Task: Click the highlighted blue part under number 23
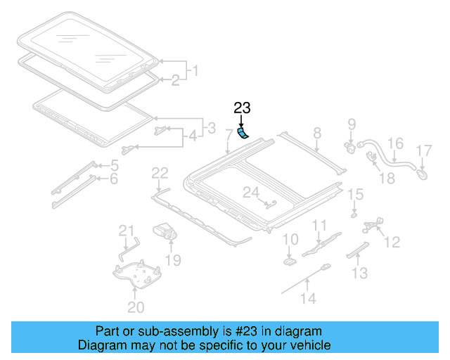243,133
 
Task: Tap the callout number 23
242,108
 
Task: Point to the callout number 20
136,307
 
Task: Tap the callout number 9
352,126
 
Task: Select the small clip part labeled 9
349,147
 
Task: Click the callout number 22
160,173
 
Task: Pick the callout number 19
172,260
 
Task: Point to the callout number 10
290,240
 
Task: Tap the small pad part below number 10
290,261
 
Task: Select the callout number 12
392,242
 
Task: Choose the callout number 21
126,231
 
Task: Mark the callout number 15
356,194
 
